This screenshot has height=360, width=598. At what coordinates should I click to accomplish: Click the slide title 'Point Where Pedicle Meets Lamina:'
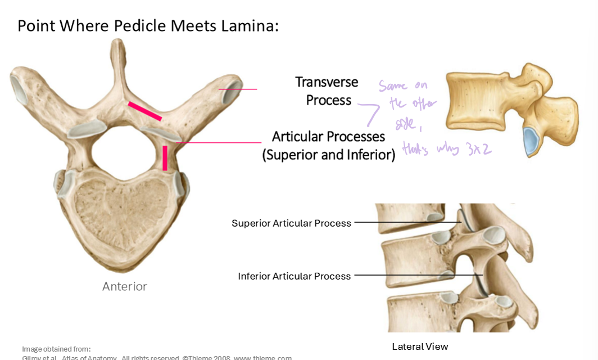pos(148,26)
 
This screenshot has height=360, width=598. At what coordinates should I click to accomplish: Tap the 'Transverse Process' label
pos(327,91)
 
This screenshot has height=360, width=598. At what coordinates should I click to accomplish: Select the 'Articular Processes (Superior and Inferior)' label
pos(329,146)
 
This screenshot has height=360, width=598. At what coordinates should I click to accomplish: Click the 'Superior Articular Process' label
pos(291,223)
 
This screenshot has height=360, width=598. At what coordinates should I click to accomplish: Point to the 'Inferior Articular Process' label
pos(294,276)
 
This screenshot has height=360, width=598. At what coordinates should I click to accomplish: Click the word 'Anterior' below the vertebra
pos(124,287)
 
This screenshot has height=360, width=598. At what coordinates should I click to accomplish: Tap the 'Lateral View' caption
pos(420,346)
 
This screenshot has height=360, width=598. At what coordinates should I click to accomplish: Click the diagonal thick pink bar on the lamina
pos(145,111)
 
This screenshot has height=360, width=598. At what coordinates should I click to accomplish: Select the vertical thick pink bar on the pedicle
pos(165,158)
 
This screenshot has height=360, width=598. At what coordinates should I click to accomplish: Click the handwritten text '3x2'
pos(478,150)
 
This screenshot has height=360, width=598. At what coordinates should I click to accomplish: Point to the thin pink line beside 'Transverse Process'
pos(238,89)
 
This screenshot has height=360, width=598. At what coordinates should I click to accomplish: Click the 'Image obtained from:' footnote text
pos(56,349)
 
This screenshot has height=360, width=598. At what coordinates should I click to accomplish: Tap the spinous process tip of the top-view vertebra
pos(117,45)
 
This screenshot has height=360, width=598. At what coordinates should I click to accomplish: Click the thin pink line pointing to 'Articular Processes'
pos(219,142)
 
